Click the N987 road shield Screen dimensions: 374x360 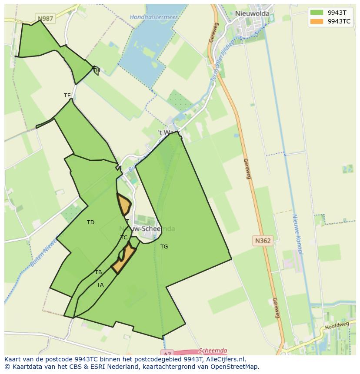[45, 19]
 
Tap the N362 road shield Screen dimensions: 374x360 [263, 240]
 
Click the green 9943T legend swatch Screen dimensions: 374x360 [317, 12]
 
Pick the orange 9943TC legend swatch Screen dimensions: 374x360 [317, 21]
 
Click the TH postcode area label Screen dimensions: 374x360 [97, 70]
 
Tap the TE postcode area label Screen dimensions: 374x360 [67, 96]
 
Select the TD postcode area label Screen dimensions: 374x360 [90, 222]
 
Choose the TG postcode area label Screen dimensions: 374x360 [164, 247]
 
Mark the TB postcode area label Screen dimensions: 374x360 [98, 272]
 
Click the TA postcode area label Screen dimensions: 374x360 [100, 285]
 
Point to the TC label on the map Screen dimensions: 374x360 [124, 238]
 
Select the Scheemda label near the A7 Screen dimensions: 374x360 [213, 351]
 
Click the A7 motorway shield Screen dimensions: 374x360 [167, 352]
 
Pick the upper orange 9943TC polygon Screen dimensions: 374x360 [124, 204]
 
